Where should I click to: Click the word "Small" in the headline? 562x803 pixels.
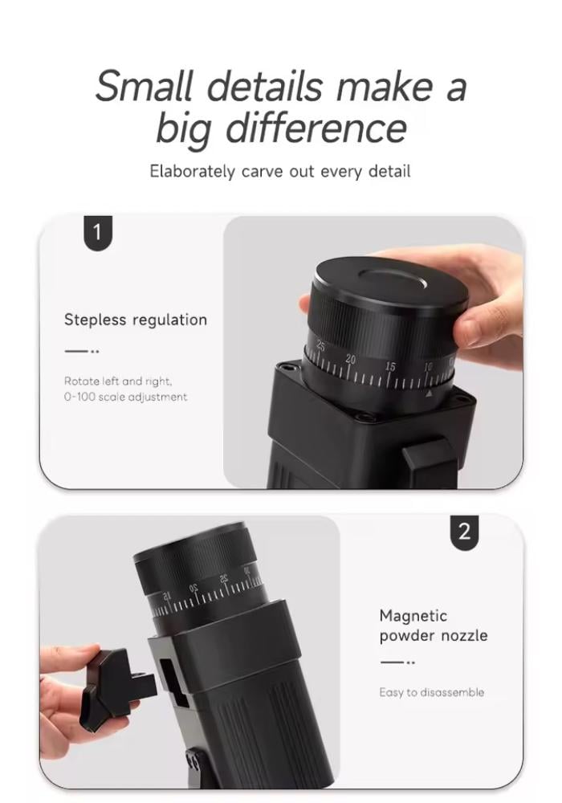click(x=145, y=86)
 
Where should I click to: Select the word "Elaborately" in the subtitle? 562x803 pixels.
click(x=193, y=171)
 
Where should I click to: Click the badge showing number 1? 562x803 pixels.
click(x=97, y=233)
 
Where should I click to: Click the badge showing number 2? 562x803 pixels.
click(x=464, y=532)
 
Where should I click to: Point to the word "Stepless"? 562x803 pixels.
click(x=96, y=320)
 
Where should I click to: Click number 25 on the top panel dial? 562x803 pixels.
click(x=321, y=345)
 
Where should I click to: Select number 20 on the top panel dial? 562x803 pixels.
click(x=351, y=359)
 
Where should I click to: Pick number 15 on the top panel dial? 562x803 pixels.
click(x=390, y=367)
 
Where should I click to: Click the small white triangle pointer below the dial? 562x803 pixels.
click(x=429, y=393)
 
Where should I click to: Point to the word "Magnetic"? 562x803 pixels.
click(x=413, y=616)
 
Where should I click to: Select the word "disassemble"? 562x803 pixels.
click(x=452, y=692)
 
